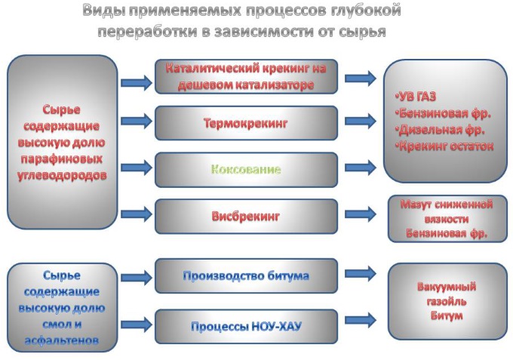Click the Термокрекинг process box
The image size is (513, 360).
pyautogui.click(x=246, y=122)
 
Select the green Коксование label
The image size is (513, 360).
pyautogui.click(x=246, y=169)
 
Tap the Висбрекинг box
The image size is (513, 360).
pyautogui.click(x=246, y=216)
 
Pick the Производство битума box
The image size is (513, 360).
pyautogui.click(x=246, y=276)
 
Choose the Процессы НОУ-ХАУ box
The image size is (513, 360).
pyautogui.click(x=246, y=327)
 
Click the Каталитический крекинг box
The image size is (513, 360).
pyautogui.click(x=246, y=76)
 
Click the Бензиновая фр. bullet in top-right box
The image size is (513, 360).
pyautogui.click(x=443, y=113)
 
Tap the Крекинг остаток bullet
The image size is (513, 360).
pyautogui.click(x=445, y=146)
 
